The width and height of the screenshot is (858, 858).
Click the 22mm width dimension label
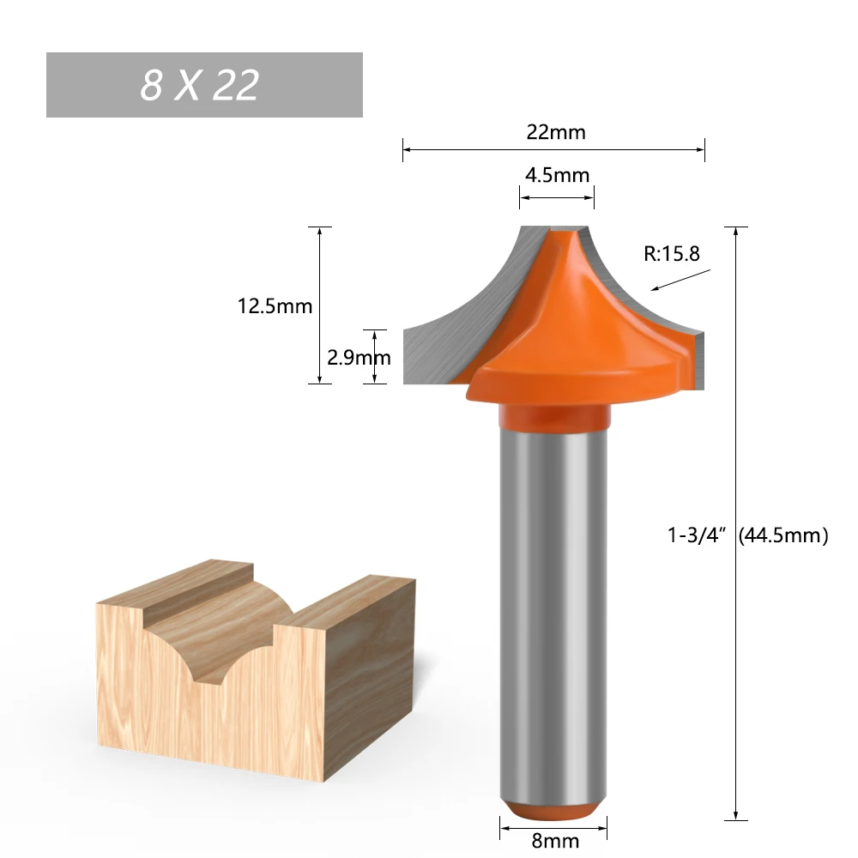click(555, 132)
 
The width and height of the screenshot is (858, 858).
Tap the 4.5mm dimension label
click(557, 175)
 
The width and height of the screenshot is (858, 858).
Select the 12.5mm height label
click(275, 305)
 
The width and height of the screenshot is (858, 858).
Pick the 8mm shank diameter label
click(555, 842)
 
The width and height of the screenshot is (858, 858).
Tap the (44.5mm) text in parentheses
click(782, 536)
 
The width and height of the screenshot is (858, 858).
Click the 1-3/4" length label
click(698, 536)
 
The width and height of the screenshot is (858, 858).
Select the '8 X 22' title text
click(200, 85)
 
